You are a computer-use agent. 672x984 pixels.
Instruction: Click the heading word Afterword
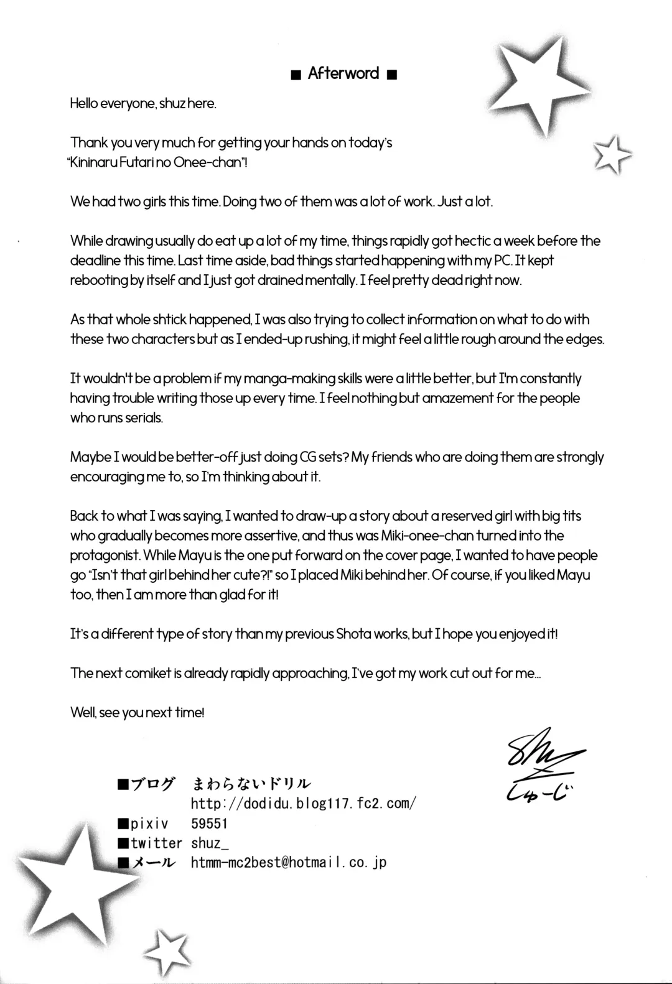[343, 73]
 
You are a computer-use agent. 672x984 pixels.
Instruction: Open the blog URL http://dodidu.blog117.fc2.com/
[303, 803]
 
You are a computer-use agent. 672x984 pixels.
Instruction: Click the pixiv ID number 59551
[209, 824]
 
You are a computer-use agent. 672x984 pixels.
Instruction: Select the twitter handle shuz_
[206, 843]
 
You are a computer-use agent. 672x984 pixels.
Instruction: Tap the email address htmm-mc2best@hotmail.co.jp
[289, 863]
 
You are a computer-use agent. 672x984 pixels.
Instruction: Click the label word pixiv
[149, 824]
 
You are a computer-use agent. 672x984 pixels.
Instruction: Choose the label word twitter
[156, 843]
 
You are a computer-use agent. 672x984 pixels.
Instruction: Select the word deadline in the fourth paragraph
[95, 261]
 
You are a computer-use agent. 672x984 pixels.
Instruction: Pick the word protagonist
[105, 555]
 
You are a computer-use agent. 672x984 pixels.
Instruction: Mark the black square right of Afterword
[391, 75]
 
